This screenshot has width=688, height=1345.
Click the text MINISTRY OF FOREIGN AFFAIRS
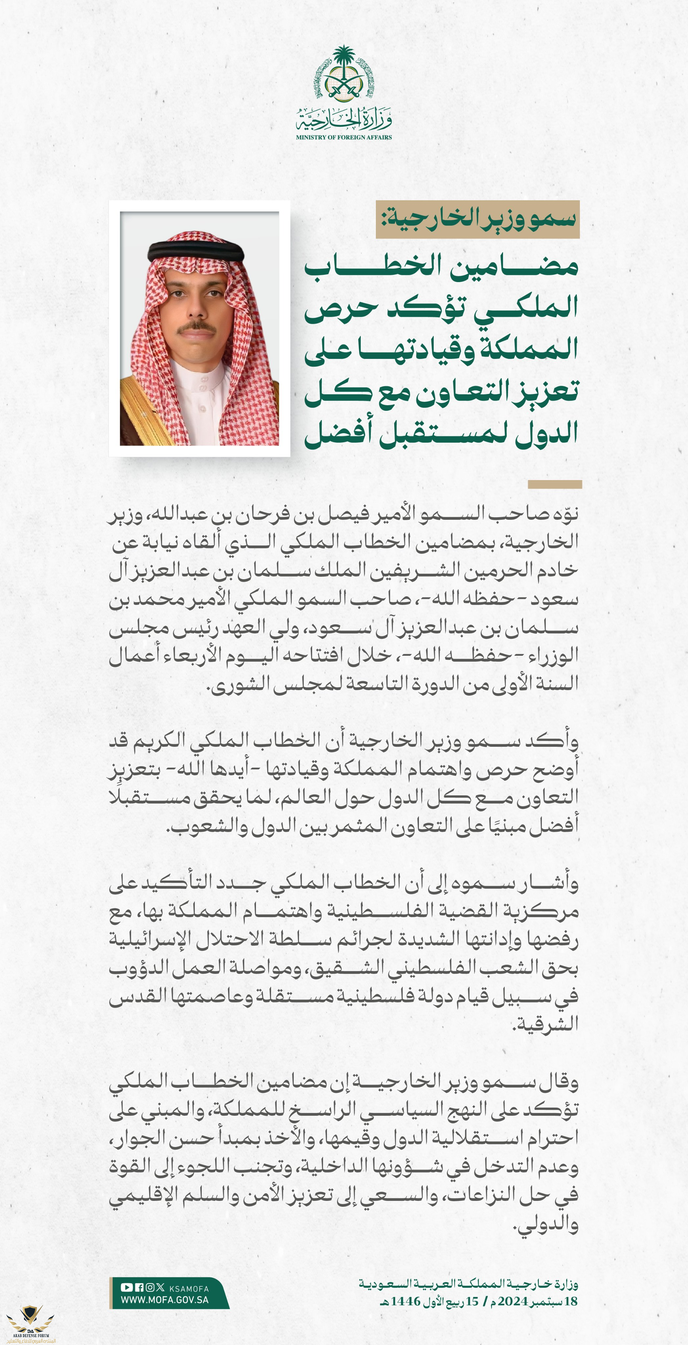(344, 137)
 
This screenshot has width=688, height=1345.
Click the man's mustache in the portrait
(196, 327)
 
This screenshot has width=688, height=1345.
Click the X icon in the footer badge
(160, 1288)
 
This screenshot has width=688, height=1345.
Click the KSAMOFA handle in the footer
(189, 1289)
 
